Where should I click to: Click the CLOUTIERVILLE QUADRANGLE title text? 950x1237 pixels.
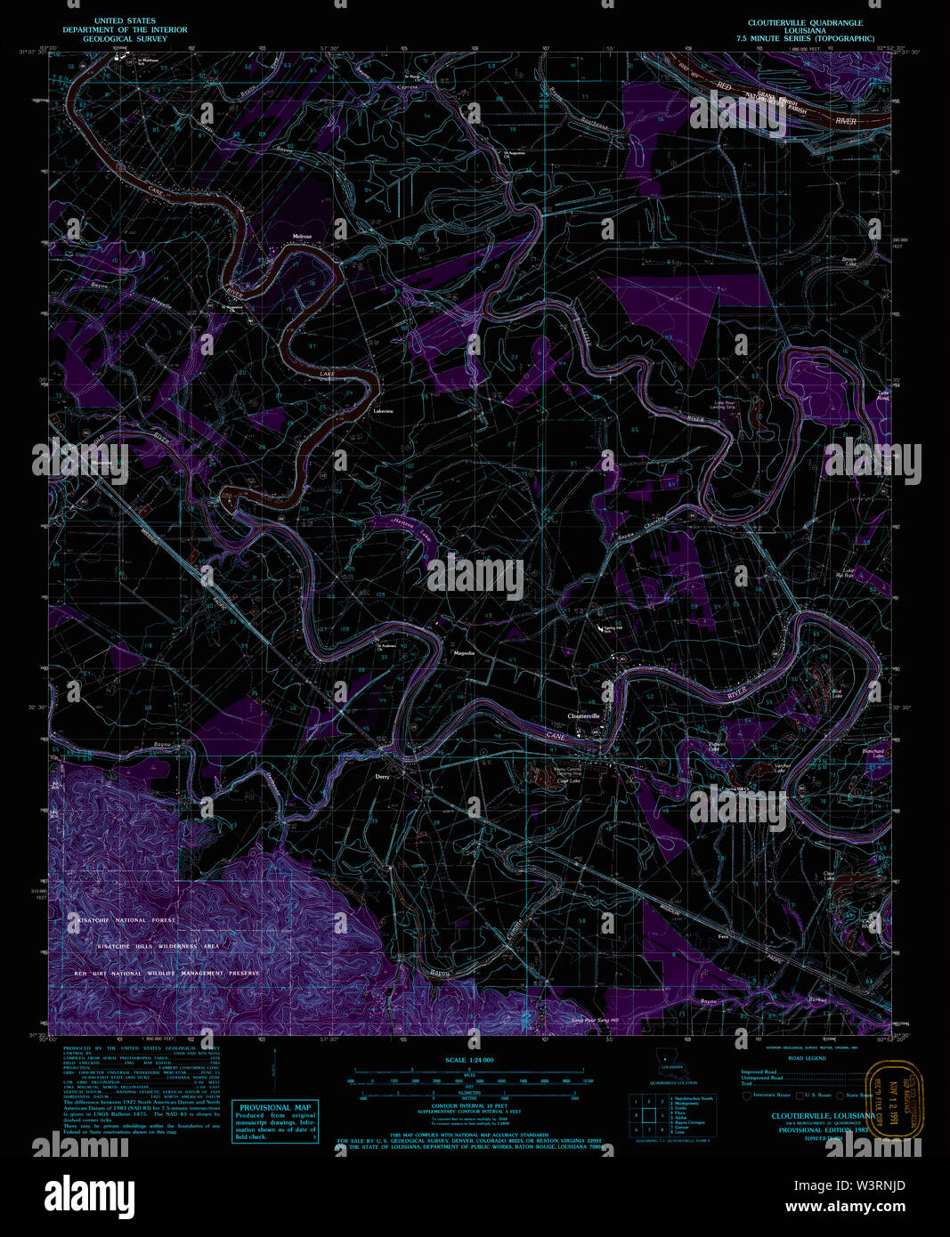pos(805,22)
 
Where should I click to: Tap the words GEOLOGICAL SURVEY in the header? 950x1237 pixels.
pos(118,39)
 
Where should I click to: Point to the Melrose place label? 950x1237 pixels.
pos(303,236)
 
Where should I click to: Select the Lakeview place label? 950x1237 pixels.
pos(383,411)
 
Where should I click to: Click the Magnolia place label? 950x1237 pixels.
pos(464,653)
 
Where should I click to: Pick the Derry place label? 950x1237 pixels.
pos(382,776)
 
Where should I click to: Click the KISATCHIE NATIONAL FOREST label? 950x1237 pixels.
pos(125,920)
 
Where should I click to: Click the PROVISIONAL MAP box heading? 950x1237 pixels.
pos(274,1108)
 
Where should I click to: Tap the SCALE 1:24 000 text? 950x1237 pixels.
pos(469,1060)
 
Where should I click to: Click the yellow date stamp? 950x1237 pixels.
pos(895,1099)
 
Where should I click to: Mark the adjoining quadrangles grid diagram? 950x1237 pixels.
pos(647,1116)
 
